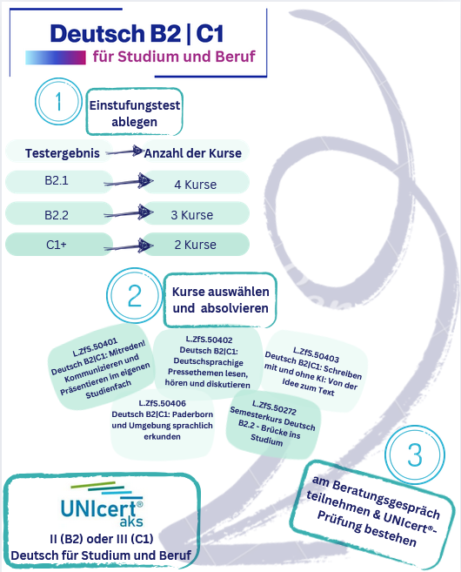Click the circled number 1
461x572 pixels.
[58, 101]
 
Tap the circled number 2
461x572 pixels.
[135, 295]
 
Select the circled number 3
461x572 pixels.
[415, 454]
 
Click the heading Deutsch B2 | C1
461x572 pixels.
[137, 34]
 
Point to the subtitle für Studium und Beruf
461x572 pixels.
[174, 57]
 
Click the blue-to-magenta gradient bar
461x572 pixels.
[56, 57]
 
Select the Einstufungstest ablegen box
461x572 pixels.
[135, 111]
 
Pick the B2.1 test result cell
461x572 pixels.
[58, 181]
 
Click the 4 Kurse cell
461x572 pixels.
[196, 182]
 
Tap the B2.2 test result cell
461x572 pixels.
[58, 213]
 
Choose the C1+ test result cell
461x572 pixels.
[58, 244]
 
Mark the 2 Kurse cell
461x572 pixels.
[196, 244]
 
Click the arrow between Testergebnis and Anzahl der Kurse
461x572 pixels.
[124, 151]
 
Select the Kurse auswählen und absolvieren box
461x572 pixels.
[220, 299]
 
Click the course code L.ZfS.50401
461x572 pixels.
[95, 347]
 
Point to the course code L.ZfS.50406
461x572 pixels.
[162, 403]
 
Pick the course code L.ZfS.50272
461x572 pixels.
[274, 407]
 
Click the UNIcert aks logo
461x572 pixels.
[102, 504]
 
